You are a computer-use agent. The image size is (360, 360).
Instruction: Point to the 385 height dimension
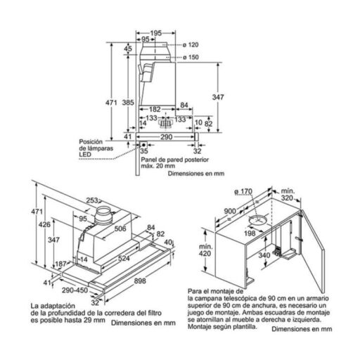coord(127,103)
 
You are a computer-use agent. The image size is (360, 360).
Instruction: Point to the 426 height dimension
coord(44,225)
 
